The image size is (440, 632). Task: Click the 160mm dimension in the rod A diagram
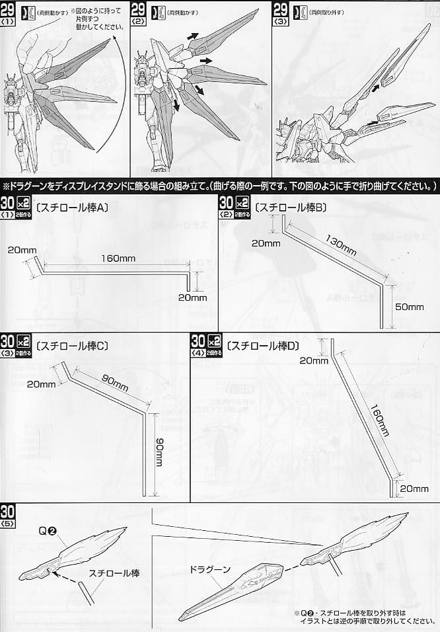pyautogui.click(x=116, y=258)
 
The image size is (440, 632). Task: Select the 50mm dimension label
pyautogui.click(x=409, y=307)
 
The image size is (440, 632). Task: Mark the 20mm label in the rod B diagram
pyautogui.click(x=265, y=243)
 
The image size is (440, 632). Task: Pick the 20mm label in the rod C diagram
pyautogui.click(x=41, y=385)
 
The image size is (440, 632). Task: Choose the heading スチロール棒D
pyautogui.click(x=262, y=345)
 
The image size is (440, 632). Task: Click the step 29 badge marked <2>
pyautogui.click(x=139, y=13)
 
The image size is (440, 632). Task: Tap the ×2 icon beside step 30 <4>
pyautogui.click(x=214, y=342)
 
